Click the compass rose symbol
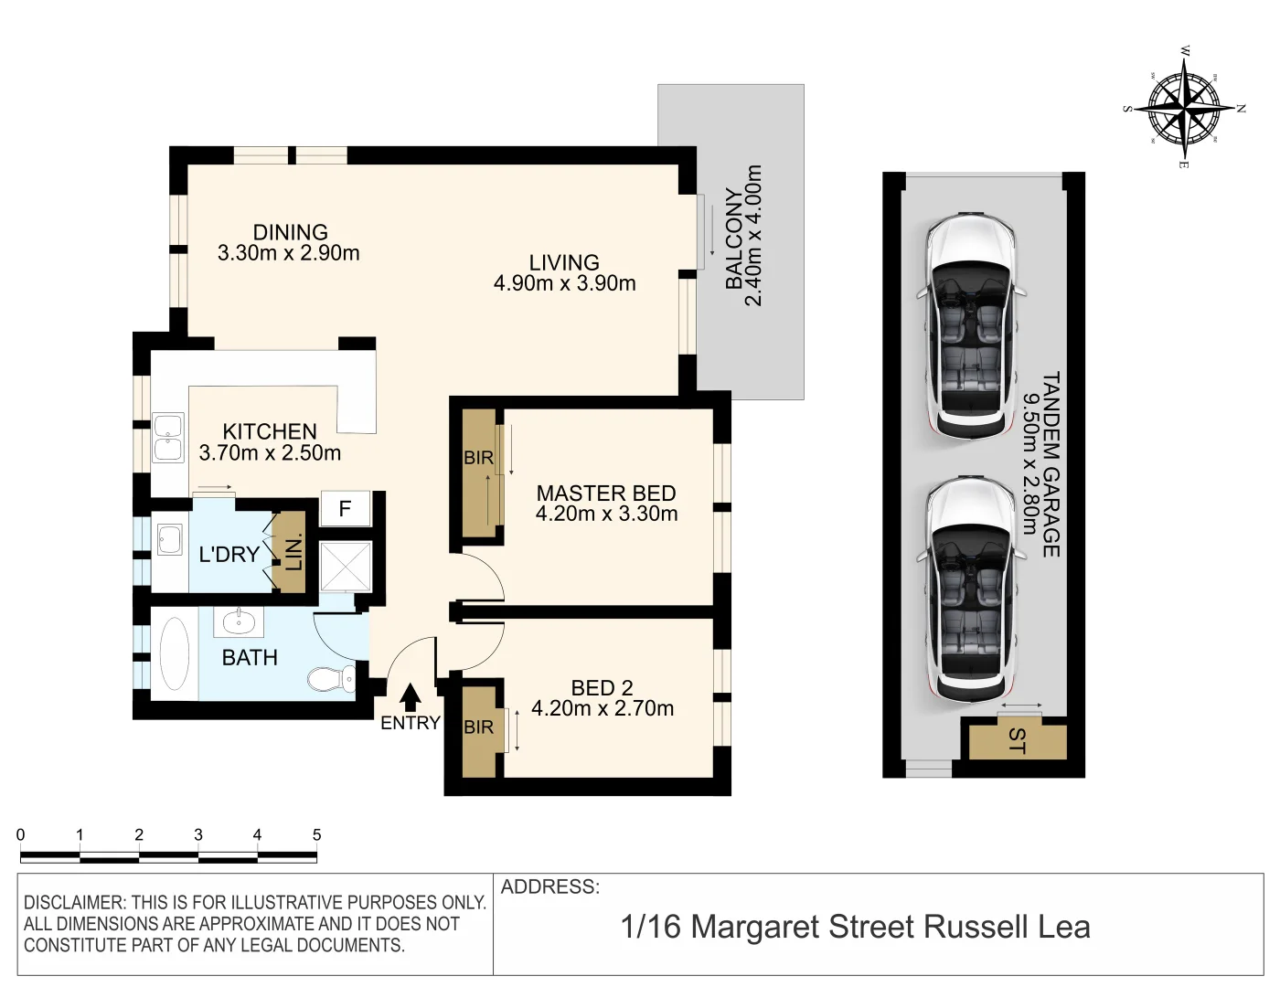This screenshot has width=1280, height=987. coord(1184,108)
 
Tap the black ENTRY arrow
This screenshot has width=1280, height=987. coord(411,697)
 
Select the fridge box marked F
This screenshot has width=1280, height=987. coord(345,509)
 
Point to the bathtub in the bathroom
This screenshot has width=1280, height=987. coord(174,653)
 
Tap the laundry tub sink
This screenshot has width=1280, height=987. coord(170,539)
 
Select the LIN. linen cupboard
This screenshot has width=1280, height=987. coord(293,552)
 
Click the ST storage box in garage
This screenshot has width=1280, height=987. coord(1018,741)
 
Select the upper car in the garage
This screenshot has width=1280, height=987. coord(970,325)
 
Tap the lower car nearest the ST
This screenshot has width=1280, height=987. coord(970,589)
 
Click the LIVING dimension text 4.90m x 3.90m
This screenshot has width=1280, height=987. coord(564,283)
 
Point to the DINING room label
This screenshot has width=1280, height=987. coord(290,232)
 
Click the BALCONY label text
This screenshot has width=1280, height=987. coord(734,239)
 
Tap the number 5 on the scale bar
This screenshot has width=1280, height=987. coord(316,834)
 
